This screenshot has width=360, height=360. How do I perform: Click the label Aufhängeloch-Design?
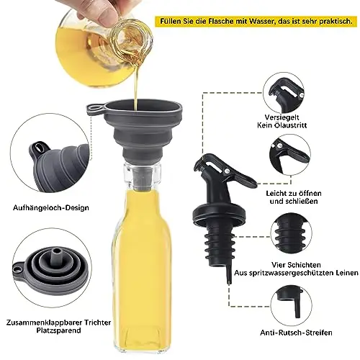point(51,207)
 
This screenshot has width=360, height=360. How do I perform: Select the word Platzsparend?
point(58,330)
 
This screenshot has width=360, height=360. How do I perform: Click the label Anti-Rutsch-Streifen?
point(296,333)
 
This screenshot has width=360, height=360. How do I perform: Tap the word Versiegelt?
point(282,117)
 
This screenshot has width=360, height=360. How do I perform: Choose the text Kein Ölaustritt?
point(282,125)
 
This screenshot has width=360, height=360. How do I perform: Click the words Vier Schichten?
point(296,265)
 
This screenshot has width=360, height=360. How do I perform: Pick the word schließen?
point(302,201)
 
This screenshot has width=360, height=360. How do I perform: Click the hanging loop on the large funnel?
point(96,109)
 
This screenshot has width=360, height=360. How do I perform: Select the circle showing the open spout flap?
point(290,156)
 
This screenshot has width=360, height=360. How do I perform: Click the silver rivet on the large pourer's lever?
point(227,171)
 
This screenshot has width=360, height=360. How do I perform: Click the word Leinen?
point(346,273)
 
